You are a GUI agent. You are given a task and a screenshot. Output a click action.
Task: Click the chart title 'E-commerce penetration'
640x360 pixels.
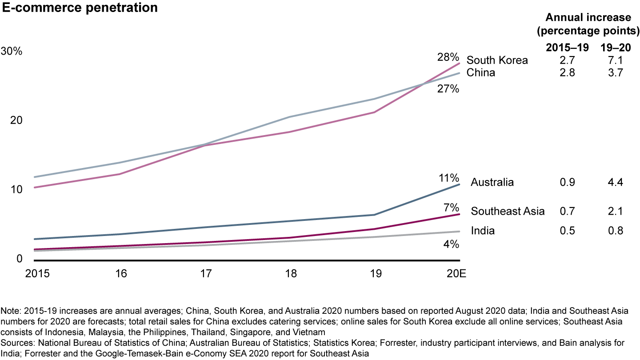click(x=80, y=8)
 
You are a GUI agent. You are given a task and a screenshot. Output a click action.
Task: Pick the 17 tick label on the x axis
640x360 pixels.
click(x=206, y=273)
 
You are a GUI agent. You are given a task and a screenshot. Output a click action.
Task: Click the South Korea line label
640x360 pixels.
click(x=497, y=60)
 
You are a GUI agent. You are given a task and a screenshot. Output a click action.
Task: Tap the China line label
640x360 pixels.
click(x=480, y=72)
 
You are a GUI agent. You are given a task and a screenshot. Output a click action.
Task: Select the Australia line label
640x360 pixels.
click(x=492, y=182)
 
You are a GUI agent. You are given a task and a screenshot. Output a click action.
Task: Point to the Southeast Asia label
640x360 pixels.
click(x=508, y=211)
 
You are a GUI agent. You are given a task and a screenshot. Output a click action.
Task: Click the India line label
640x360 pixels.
click(x=483, y=231)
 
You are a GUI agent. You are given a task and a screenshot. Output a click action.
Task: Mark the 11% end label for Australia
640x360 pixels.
click(x=449, y=178)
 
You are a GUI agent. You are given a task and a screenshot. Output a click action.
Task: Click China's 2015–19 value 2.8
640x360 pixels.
click(x=567, y=72)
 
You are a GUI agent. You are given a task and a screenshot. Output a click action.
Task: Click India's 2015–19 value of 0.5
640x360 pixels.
click(x=567, y=231)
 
